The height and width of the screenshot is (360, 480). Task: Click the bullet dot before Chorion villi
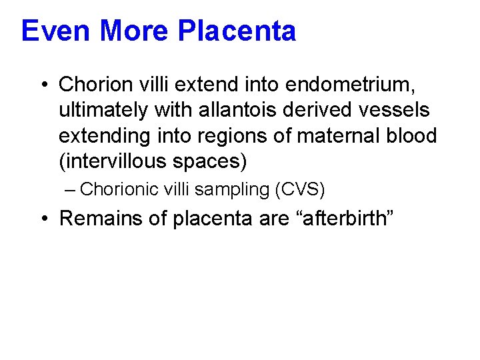[42, 85]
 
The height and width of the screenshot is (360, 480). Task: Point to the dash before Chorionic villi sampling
[71, 189]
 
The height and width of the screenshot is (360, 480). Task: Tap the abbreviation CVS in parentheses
[299, 189]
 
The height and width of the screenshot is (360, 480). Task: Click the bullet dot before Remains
[42, 218]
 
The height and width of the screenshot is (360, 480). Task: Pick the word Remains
[99, 218]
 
